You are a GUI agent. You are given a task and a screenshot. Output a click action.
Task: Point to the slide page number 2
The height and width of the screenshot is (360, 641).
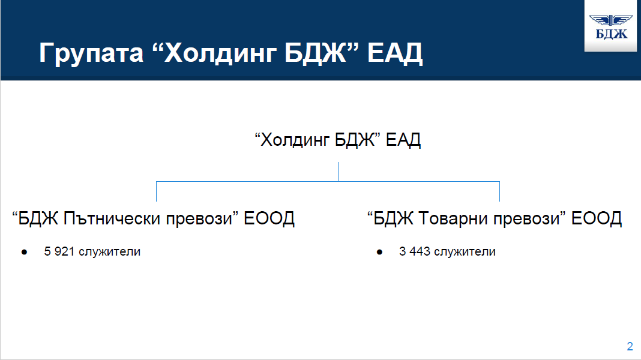(x=630, y=347)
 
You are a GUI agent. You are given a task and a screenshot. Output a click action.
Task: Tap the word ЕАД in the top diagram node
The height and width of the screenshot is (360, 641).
(x=403, y=140)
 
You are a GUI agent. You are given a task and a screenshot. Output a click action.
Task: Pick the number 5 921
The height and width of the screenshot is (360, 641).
(x=59, y=251)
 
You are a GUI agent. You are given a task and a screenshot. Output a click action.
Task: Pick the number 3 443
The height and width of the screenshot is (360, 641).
(x=415, y=251)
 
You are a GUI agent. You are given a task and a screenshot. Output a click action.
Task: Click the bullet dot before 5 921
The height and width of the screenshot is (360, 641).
(x=24, y=252)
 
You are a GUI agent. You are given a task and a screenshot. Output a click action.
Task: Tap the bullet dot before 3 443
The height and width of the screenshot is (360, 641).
(x=379, y=252)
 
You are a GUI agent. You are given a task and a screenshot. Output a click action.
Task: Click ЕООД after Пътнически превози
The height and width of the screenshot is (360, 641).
(x=269, y=218)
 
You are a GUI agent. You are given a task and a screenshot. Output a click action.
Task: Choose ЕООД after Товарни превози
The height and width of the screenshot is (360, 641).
(x=597, y=218)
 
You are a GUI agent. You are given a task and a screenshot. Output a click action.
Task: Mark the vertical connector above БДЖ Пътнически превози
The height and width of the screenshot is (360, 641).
(x=156, y=191)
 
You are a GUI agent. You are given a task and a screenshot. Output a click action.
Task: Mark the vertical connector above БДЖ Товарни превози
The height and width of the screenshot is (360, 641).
(x=499, y=191)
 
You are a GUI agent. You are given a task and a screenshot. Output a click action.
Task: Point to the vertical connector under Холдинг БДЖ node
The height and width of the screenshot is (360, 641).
(x=338, y=172)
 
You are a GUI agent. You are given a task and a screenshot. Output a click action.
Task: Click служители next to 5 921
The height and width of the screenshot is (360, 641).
(x=110, y=252)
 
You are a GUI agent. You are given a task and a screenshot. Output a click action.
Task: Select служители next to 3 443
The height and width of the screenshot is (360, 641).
(x=465, y=252)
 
